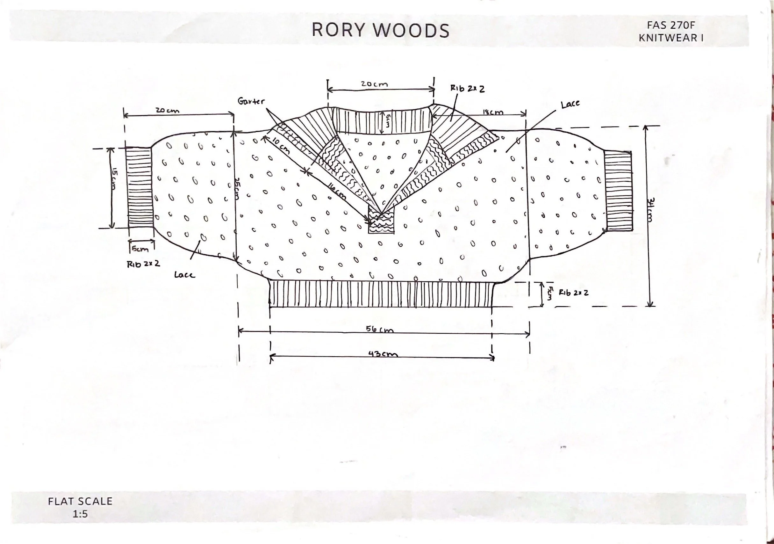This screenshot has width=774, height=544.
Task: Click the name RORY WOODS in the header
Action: pos(380,30)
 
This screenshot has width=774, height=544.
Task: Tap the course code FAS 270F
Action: pos(670,25)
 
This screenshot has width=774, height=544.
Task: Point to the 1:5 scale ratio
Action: pos(80,514)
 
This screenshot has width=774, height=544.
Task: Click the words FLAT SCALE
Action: pos(80,501)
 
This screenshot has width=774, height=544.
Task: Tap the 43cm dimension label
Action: pos(383,354)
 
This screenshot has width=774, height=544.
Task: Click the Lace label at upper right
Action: pos(570,105)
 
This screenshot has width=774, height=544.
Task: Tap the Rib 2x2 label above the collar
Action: pos(468,89)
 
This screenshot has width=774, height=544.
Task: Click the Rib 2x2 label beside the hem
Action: pos(573,293)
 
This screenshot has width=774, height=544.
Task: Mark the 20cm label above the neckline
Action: pos(374,84)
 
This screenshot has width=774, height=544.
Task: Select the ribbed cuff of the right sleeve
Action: pos(618,191)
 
